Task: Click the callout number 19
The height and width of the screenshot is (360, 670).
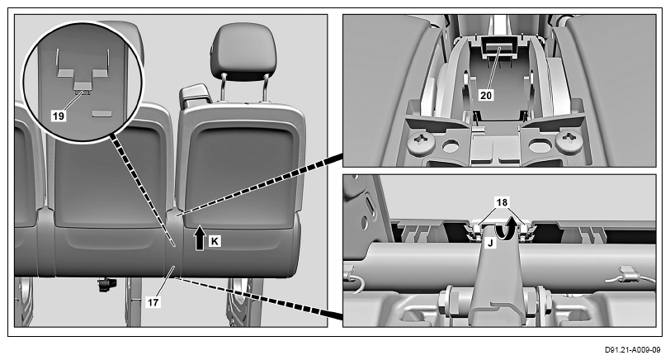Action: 59,116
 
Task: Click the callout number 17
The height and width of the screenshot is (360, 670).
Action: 153,302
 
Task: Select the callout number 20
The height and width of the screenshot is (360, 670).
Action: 486,95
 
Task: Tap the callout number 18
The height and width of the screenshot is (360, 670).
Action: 502,201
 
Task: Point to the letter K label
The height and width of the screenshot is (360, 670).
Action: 215,241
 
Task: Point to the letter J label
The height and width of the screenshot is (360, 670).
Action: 490,244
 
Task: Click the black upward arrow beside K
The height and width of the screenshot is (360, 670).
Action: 200,238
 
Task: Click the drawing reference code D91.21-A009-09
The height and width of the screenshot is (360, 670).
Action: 632,350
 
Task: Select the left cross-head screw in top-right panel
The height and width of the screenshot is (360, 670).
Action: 421,140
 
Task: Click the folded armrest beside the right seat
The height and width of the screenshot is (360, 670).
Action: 196,95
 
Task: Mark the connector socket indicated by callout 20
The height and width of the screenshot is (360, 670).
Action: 498,47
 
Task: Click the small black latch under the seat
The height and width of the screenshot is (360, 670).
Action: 106,284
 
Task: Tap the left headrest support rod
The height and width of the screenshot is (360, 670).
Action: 223,88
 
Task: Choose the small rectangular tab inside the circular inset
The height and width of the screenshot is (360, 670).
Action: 101,114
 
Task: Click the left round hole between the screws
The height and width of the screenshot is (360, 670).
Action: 450,147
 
